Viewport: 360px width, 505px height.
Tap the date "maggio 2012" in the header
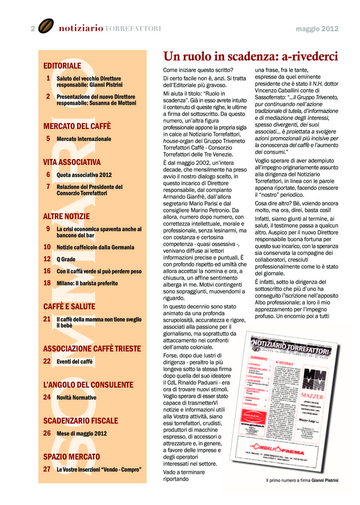point(317,29)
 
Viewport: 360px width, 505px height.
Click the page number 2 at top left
point(32,29)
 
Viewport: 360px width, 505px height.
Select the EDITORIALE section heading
point(62,66)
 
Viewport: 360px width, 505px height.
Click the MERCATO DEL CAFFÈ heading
point(77,126)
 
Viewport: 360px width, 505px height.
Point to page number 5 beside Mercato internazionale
point(48,138)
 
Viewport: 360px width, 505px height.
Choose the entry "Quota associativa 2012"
point(84,175)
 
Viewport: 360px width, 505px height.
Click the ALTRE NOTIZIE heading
point(67,216)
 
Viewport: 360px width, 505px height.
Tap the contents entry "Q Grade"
point(66,259)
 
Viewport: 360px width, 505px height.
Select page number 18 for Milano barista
point(47,283)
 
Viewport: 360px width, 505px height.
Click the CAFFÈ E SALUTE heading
point(69,306)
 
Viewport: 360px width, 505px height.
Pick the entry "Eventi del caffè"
point(75,361)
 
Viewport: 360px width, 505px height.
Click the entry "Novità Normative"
point(76,398)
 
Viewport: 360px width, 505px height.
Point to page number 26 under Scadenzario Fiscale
point(47,433)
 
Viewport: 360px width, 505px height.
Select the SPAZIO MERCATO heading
point(72,457)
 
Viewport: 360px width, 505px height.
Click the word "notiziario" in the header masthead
point(81,29)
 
